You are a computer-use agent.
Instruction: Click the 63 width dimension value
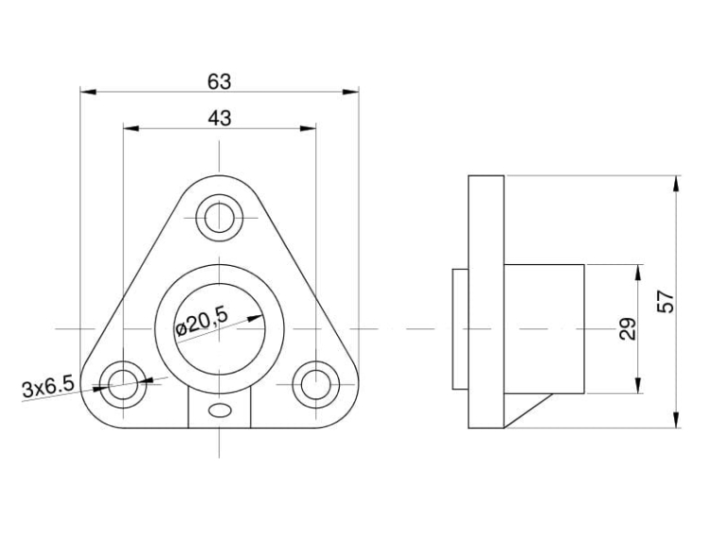[x=220, y=81]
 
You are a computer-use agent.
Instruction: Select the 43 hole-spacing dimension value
[x=220, y=118]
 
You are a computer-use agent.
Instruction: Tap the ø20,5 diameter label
[x=202, y=322]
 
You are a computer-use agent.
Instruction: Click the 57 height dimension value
[x=666, y=302]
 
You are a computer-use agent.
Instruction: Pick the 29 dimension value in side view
[x=628, y=329]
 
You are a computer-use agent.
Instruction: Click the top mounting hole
[x=220, y=218]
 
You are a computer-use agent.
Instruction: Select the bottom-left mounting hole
[x=123, y=384]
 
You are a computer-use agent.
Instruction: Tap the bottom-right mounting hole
[x=315, y=384]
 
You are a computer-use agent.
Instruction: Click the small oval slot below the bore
[x=220, y=411]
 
